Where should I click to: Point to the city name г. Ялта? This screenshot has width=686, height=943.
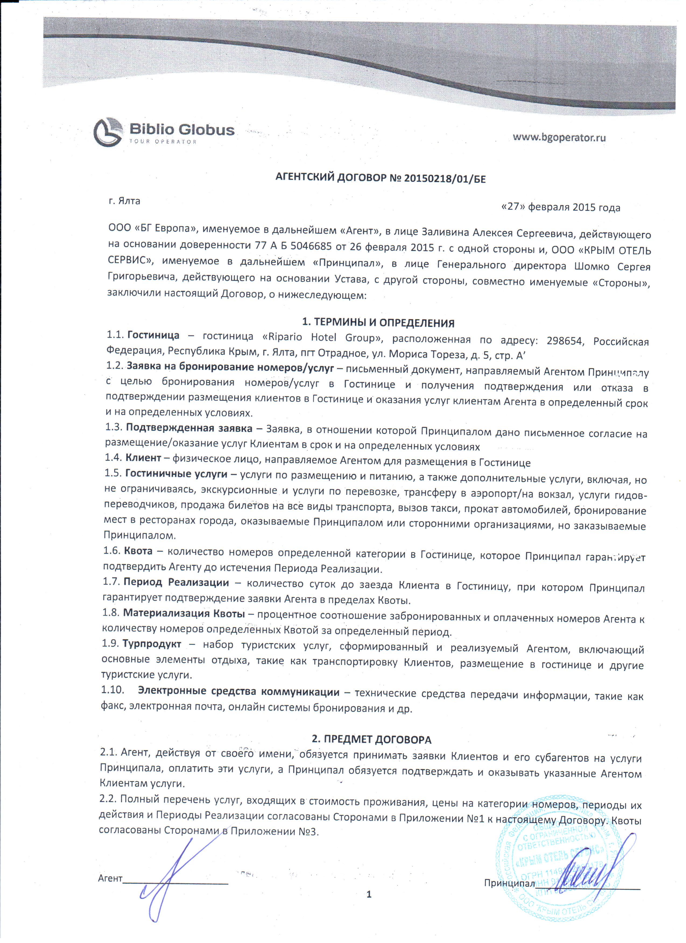(124, 201)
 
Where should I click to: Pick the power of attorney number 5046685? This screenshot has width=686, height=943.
(311, 246)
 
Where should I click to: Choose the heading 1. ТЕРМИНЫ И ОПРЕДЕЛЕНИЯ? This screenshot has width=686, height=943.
(378, 323)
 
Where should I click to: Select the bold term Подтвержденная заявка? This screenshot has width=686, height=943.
(189, 428)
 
